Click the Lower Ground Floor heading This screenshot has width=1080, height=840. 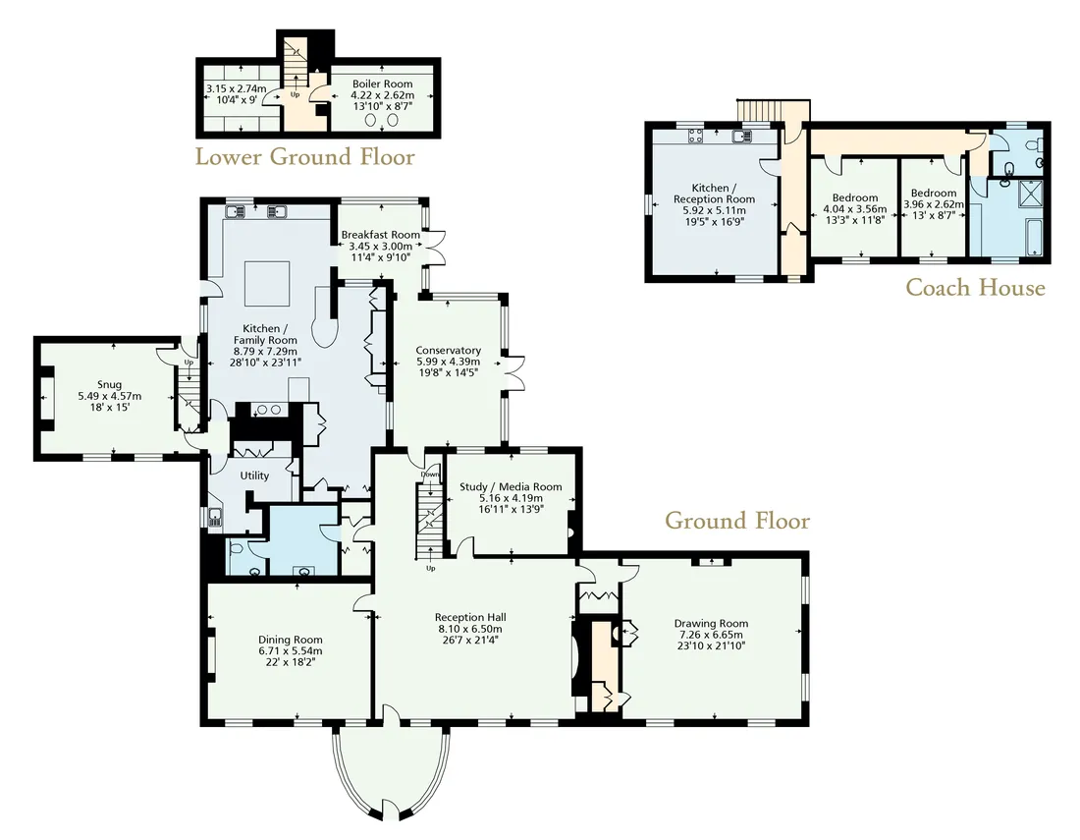click(x=305, y=157)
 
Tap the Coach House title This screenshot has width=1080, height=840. click(x=975, y=287)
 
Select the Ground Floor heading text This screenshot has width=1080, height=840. click(x=737, y=521)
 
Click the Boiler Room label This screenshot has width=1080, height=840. click(x=382, y=84)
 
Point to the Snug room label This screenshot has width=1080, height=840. click(x=110, y=384)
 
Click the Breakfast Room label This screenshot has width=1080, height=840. click(x=380, y=235)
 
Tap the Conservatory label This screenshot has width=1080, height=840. click(x=448, y=350)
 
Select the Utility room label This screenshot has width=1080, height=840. click(x=254, y=476)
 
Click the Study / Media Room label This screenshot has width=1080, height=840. click(x=511, y=486)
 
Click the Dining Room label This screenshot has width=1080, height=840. click(x=290, y=640)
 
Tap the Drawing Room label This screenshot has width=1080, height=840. click(x=711, y=624)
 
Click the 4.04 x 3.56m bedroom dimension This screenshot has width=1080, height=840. click(x=855, y=209)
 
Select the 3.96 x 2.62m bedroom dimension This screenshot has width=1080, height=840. click(x=934, y=204)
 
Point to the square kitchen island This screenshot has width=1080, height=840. click(x=268, y=283)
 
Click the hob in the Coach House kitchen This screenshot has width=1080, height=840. click(x=693, y=136)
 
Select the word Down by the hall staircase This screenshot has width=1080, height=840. click(x=430, y=475)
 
